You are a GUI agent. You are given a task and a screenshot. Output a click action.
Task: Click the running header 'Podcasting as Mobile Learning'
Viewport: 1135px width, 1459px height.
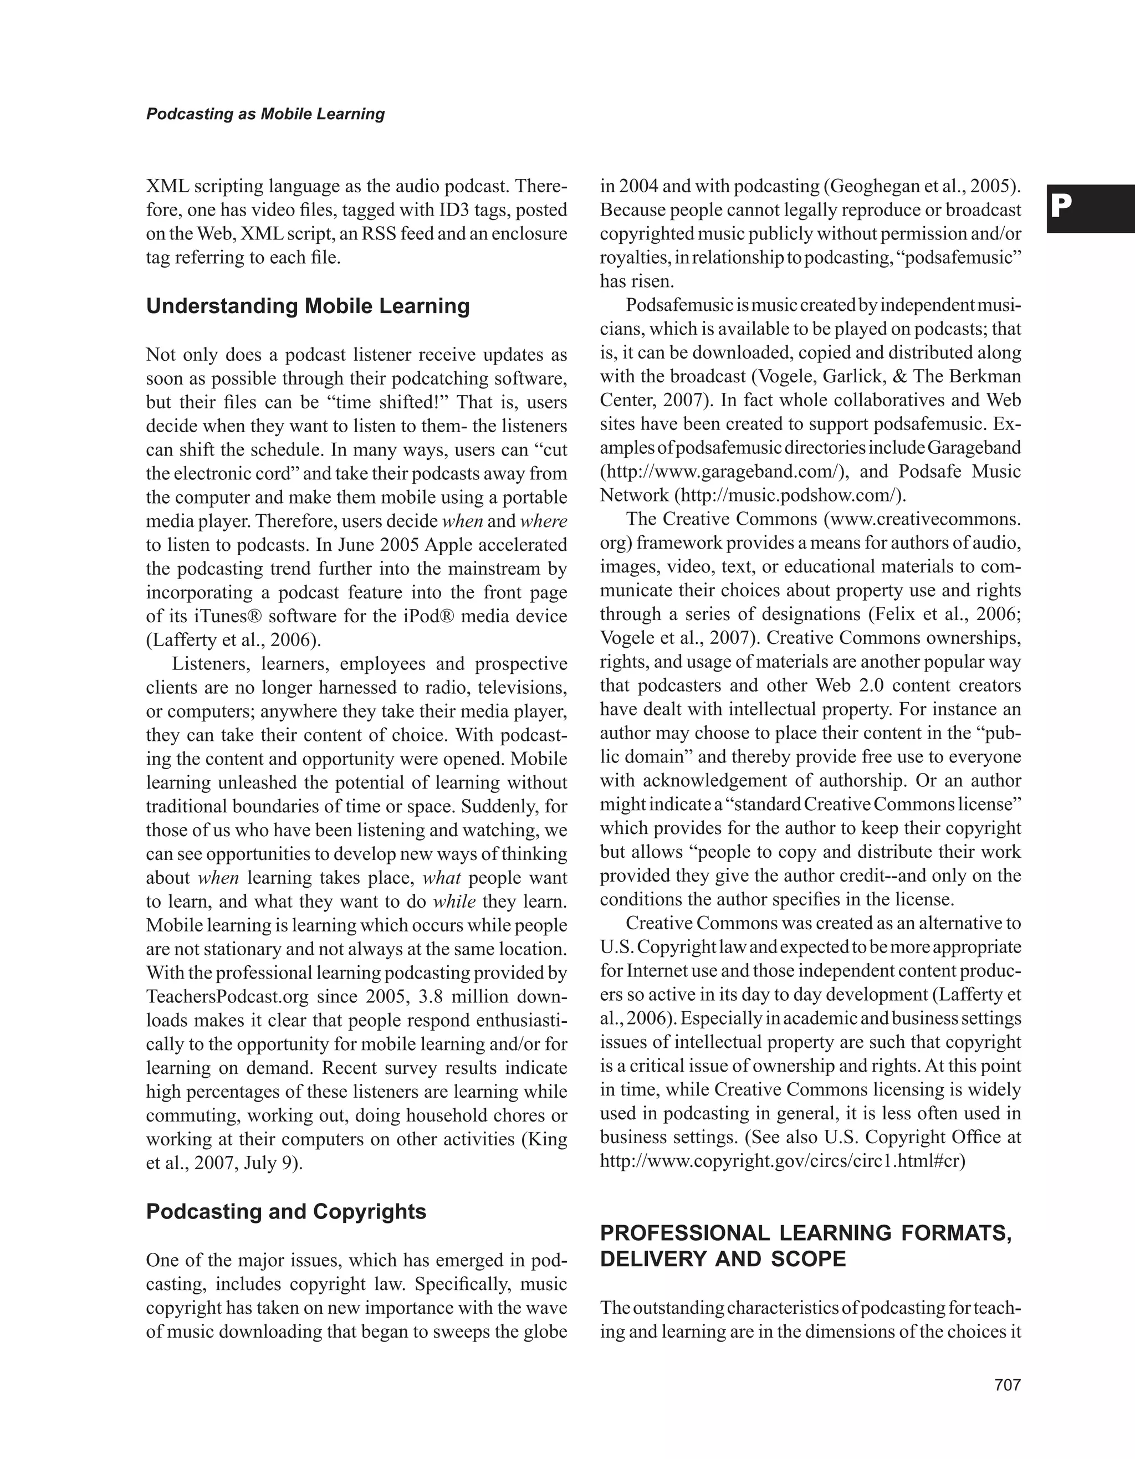[265, 114]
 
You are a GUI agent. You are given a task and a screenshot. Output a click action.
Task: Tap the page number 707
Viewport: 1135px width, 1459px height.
[1008, 1385]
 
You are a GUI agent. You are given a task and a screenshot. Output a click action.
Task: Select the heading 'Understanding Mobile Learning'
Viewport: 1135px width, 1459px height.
[308, 306]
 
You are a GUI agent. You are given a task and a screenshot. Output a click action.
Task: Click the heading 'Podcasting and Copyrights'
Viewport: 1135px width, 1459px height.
[286, 1211]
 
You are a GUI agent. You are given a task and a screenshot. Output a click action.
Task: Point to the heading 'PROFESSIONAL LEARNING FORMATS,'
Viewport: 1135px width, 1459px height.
[806, 1232]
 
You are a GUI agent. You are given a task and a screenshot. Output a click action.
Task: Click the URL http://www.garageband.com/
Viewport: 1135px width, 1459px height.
[724, 472]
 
